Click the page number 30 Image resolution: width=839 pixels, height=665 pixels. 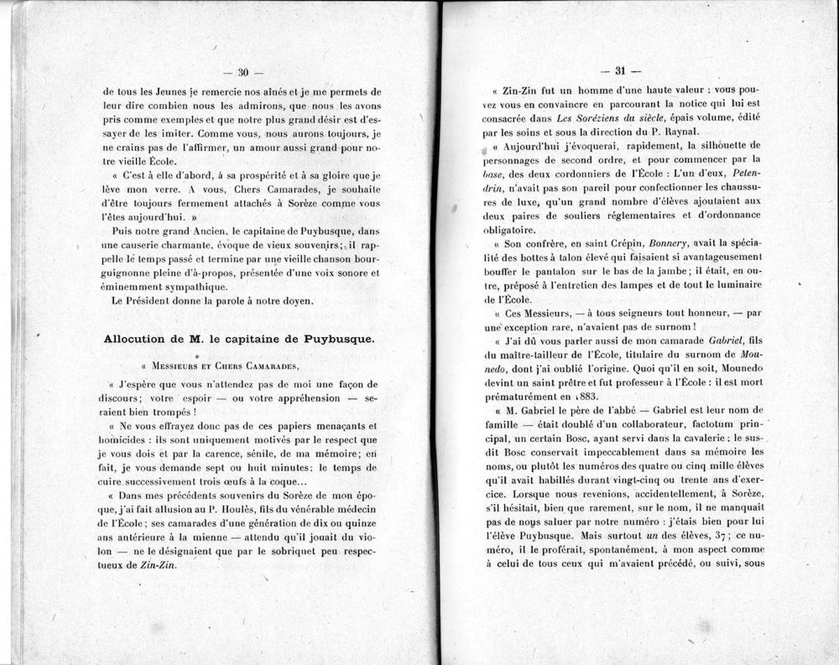244,72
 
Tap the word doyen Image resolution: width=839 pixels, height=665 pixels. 298,301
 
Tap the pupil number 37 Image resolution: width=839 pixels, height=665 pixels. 704,535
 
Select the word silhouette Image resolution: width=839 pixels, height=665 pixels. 702,145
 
